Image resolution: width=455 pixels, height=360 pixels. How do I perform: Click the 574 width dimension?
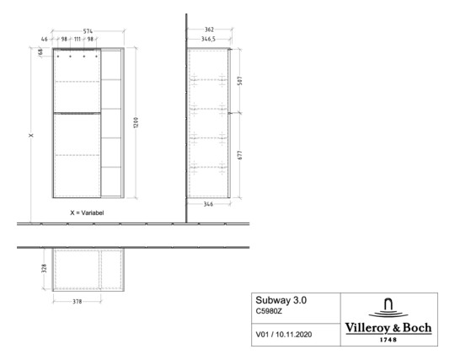click(x=88, y=31)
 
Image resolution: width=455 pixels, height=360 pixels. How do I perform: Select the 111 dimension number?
click(x=77, y=40)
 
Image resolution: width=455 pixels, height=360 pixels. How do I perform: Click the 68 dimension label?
click(x=40, y=53)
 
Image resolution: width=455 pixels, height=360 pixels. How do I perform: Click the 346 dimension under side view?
click(x=207, y=204)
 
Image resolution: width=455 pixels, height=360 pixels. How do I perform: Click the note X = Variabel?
click(x=87, y=213)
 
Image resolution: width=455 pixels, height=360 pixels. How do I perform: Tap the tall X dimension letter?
click(x=31, y=137)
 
